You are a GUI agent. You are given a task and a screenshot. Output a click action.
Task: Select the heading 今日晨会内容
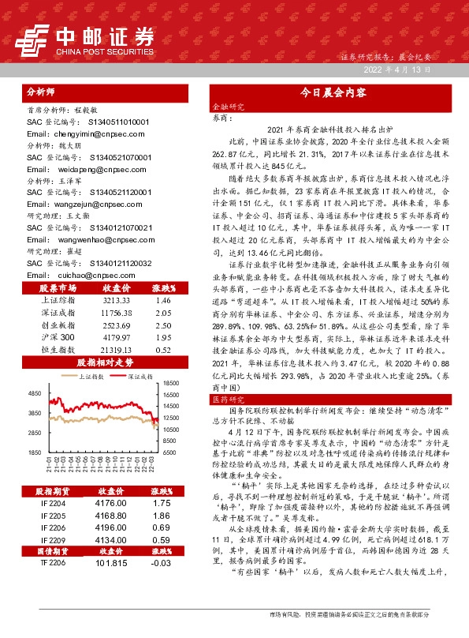333,92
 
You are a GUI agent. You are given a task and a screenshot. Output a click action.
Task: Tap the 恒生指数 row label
55,350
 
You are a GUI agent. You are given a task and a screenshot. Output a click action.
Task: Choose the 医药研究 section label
227,400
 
